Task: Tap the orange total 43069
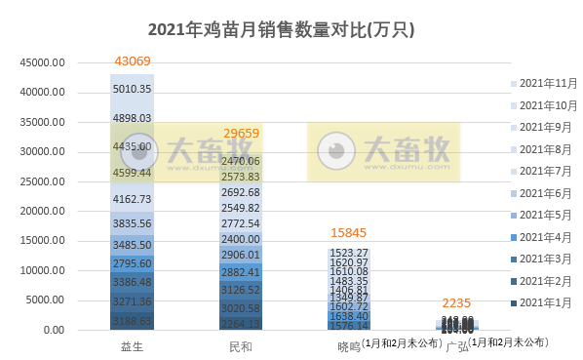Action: pyautogui.click(x=132, y=61)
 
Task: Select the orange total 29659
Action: pyautogui.click(x=239, y=133)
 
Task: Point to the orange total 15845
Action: pyautogui.click(x=349, y=233)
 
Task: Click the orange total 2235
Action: pyautogui.click(x=456, y=302)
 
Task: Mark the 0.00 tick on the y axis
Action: pyautogui.click(x=56, y=331)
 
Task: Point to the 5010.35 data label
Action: pyautogui.click(x=132, y=89)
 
